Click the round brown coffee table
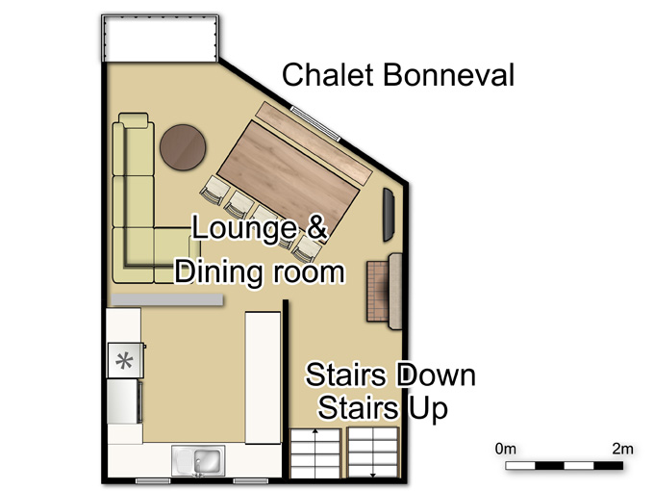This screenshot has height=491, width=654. [183, 147]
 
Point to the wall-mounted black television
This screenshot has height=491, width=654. [389, 215]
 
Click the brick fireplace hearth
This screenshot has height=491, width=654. [378, 291]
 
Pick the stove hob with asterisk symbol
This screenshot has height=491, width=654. [126, 360]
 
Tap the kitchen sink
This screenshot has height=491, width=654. [198, 461]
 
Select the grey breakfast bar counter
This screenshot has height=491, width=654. [166, 299]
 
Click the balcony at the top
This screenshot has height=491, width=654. [161, 39]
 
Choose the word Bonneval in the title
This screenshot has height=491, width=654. [448, 75]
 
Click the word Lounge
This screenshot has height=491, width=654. [244, 228]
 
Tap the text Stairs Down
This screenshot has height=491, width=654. [390, 375]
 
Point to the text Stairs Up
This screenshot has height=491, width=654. [383, 408]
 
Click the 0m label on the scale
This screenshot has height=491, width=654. [506, 449]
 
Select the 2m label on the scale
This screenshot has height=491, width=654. [622, 449]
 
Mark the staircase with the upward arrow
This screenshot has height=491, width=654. [315, 453]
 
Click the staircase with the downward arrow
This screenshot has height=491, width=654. [373, 452]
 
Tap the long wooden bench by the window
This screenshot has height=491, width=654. [314, 142]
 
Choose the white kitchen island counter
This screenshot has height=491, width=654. [263, 377]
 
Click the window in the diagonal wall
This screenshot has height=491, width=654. [315, 123]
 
